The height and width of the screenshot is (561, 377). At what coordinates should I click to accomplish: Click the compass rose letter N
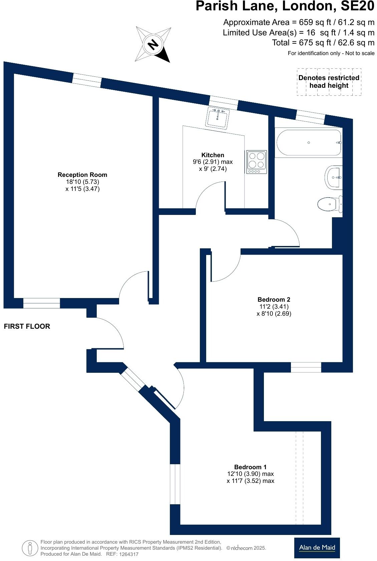pyautogui.click(x=153, y=44)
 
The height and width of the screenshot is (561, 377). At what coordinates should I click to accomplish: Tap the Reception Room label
pyautogui.click(x=82, y=175)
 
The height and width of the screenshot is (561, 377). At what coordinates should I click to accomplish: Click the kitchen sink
pyautogui.click(x=217, y=118)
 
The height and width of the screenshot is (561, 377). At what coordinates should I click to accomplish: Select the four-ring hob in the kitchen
pyautogui.click(x=257, y=162)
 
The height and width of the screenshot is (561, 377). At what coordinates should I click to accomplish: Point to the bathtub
pyautogui.click(x=308, y=143)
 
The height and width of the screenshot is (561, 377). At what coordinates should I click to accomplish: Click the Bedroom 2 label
pyautogui.click(x=274, y=299)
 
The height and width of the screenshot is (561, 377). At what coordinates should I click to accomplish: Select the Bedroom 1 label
pyautogui.click(x=250, y=467)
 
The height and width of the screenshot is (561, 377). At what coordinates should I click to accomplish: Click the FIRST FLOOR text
pyautogui.click(x=27, y=326)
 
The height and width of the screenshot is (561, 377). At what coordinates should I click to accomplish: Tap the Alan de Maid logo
pyautogui.click(x=317, y=547)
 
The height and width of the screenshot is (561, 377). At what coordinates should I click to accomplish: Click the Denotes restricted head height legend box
pyautogui.click(x=329, y=82)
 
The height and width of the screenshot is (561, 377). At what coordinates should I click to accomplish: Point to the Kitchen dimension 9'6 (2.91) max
pyautogui.click(x=213, y=162)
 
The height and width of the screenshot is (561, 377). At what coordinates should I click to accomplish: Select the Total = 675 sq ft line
pyautogui.click(x=323, y=43)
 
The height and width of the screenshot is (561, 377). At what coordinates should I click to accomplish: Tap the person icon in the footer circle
pyautogui.click(x=30, y=548)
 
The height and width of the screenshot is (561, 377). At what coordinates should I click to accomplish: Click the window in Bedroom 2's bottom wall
pyautogui.click(x=306, y=367)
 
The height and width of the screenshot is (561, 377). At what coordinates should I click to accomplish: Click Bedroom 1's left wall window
pyautogui.click(x=175, y=484)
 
